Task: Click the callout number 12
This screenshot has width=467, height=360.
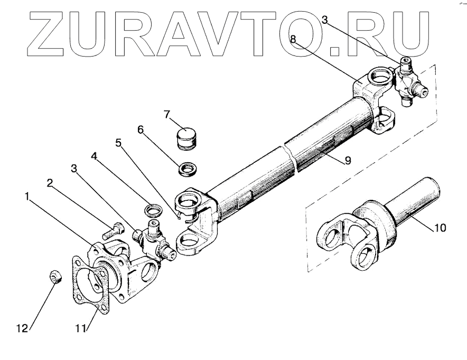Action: [x=22, y=328]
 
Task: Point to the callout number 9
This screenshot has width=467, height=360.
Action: [x=348, y=161]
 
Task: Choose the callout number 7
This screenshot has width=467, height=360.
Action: [x=167, y=114]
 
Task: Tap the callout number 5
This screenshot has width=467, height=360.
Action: [x=119, y=142]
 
